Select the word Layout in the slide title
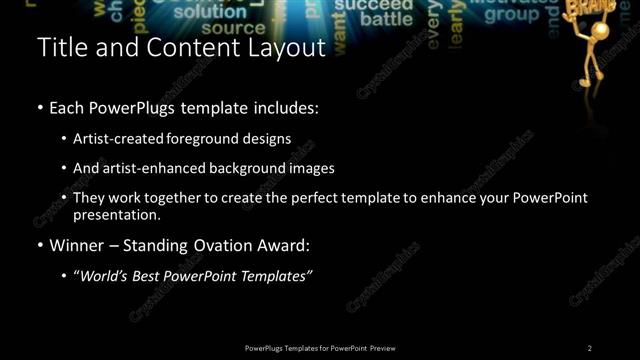[x=284, y=48]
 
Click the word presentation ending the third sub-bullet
[x=116, y=214]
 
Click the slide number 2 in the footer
[x=589, y=348]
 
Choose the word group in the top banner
[x=512, y=16]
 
